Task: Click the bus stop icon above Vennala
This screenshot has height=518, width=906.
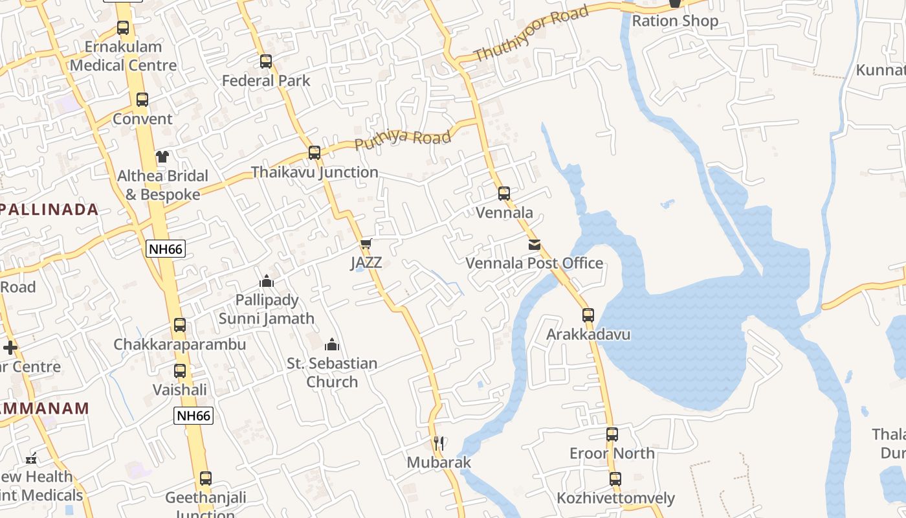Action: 504,193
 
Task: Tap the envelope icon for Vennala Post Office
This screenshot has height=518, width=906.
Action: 535,245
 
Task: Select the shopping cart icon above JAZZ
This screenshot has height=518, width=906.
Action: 366,244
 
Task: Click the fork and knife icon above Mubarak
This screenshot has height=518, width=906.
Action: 439,444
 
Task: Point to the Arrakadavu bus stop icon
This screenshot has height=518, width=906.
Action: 588,315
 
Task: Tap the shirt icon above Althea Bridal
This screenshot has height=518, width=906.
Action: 162,157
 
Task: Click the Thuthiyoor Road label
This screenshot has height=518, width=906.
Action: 531,33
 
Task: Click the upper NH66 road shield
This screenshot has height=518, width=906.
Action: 166,249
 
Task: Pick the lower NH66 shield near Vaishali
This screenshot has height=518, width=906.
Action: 193,416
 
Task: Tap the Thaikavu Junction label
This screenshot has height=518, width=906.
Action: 315,172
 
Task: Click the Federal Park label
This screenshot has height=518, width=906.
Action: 266,81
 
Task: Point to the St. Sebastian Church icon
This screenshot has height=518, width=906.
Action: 332,344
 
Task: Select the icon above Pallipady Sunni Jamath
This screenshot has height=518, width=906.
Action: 267,281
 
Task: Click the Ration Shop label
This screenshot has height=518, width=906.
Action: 675,21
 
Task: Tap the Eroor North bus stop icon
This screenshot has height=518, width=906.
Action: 612,434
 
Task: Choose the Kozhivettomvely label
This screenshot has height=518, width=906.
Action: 616,499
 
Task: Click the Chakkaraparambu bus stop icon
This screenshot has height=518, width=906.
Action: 180,325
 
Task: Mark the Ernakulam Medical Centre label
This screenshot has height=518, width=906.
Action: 123,56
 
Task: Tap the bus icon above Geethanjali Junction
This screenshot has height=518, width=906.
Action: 206,479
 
